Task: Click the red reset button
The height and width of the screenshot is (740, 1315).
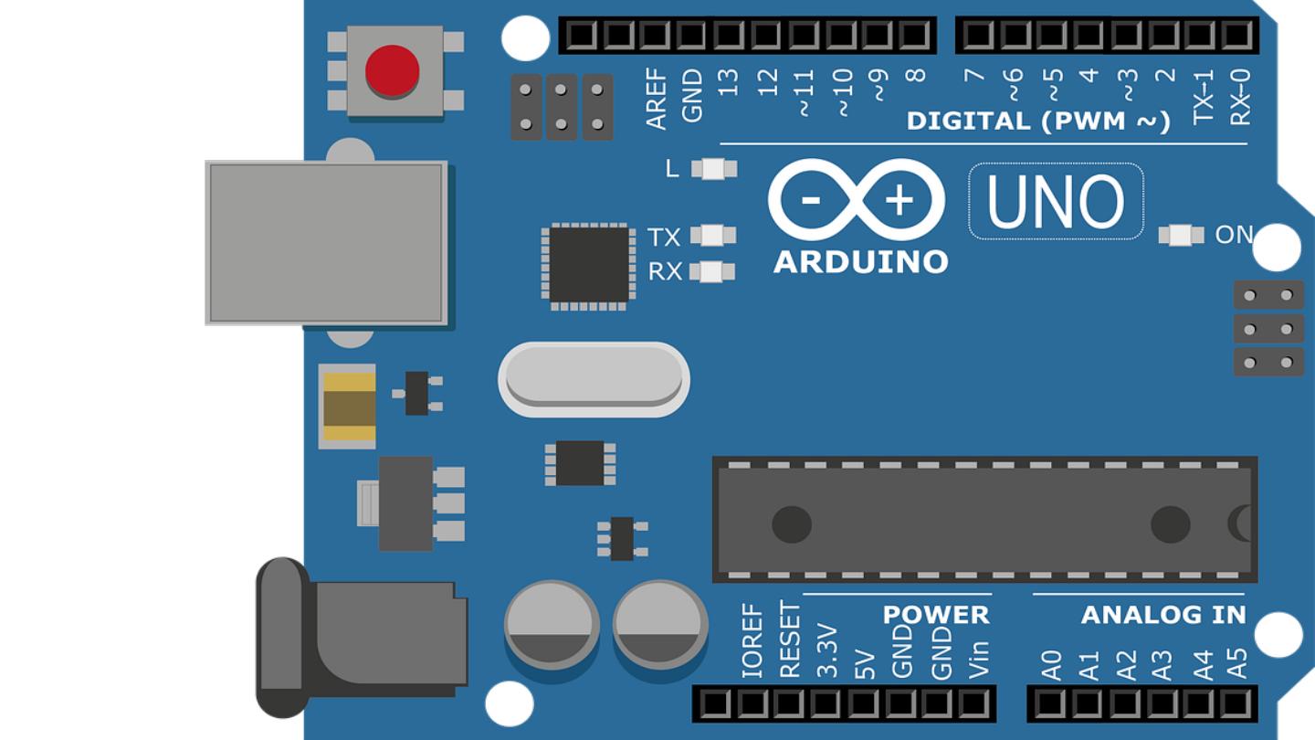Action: coord(393,71)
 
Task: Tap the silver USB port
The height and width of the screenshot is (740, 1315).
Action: coord(327,243)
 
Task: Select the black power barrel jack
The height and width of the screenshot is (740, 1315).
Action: coord(365,638)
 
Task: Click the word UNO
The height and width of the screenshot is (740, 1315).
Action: coord(1056,202)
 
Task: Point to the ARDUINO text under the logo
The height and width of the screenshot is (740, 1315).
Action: coord(860,262)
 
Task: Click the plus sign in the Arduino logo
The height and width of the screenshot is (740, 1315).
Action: coord(899,200)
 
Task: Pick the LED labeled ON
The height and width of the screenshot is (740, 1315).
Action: coord(1181,235)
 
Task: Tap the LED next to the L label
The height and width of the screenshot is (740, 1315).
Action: coord(714,169)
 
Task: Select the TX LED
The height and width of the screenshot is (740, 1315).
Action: coord(713,236)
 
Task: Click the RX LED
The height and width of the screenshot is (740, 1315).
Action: coord(712,271)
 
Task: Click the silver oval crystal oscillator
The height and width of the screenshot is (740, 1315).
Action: coord(594,378)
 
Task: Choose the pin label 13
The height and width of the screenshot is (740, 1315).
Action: coord(728,82)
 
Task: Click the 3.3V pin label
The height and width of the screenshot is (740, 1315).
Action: coord(827,650)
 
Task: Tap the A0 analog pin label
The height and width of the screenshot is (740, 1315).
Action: coord(1052,664)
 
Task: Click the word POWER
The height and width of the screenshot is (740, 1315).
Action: coord(936,615)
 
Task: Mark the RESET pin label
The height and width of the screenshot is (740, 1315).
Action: coord(789,640)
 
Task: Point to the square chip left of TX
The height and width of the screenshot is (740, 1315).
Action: coord(589,266)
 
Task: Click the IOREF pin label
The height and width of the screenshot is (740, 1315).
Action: coord(752,640)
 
